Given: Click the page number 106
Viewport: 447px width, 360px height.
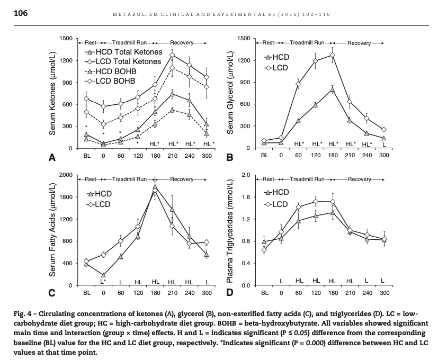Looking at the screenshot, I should (x=21, y=13).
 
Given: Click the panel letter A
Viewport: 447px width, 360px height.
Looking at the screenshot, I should (x=52, y=157).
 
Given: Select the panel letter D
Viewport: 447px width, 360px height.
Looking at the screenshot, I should (x=230, y=293).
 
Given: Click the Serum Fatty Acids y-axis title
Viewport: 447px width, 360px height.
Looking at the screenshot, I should (x=53, y=230).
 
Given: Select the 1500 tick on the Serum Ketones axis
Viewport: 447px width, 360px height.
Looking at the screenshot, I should (x=66, y=39).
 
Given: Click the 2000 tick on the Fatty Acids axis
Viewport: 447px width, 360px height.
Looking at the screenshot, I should (x=66, y=175).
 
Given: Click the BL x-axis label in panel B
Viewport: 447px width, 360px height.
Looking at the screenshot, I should (x=264, y=156).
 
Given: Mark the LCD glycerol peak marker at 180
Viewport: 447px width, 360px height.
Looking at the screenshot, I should (x=333, y=55).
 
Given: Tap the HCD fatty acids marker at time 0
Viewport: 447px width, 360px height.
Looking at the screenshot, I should (x=103, y=275).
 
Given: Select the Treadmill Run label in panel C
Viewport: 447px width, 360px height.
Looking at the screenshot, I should (x=130, y=179).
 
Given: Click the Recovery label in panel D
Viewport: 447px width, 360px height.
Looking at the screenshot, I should (x=359, y=179).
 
